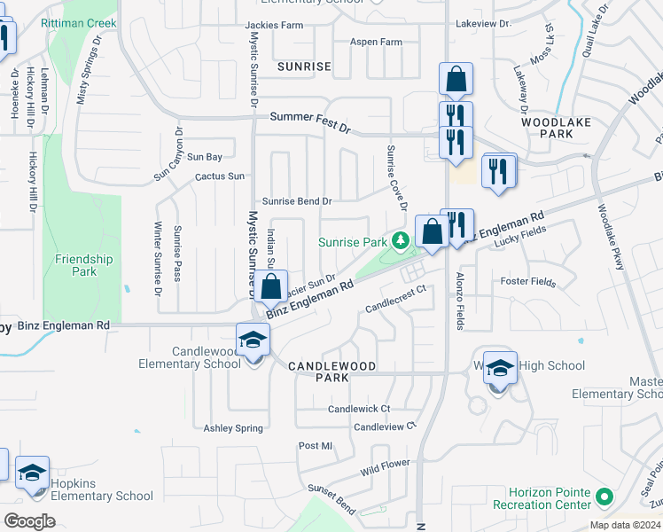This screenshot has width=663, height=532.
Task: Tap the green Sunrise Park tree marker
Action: click(401, 240)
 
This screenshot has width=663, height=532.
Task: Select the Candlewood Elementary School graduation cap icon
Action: click(252, 341)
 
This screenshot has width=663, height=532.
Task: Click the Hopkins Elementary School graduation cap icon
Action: click(33, 473)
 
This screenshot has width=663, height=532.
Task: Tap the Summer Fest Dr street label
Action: click(310, 117)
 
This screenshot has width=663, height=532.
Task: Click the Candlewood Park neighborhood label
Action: click(332, 371)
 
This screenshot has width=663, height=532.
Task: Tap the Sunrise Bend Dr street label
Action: click(296, 201)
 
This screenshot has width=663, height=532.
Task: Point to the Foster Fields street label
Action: click(527, 283)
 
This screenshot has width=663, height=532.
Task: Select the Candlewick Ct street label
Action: click(359, 409)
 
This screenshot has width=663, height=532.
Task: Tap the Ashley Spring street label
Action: click(233, 428)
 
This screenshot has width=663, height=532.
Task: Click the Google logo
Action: click(29, 520)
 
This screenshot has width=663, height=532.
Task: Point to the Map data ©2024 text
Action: click(624, 525)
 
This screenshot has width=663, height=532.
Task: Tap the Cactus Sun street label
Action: click(220, 176)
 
